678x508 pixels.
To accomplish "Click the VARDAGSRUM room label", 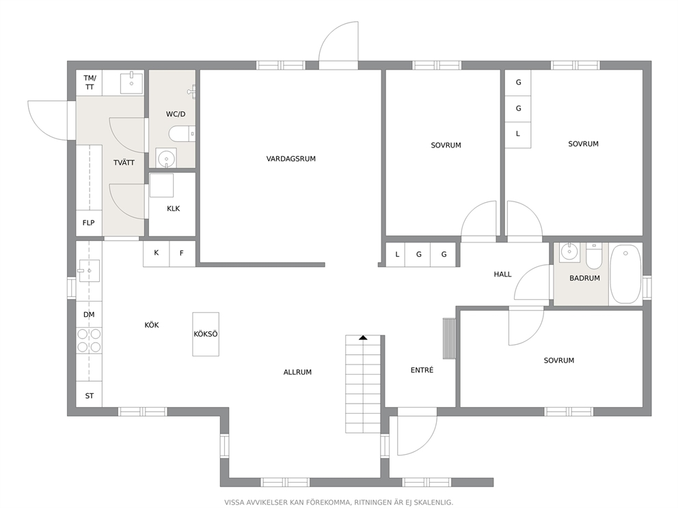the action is (290, 158).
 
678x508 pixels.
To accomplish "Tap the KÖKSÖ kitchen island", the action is (206, 334).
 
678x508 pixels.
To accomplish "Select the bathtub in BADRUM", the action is (625, 274).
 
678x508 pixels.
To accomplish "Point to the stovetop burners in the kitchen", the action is (89, 341).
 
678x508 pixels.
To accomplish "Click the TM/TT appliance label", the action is (90, 83).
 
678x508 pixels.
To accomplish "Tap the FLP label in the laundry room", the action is (89, 223).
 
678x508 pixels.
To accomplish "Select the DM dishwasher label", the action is (89, 315).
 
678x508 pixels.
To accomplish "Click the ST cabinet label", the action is (90, 396).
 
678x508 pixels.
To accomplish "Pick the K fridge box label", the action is (156, 253).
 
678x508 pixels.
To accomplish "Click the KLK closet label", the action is (174, 209).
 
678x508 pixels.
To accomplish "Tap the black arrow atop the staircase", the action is (363, 338).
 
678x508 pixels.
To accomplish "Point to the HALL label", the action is (502, 274).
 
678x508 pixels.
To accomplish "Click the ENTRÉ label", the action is (422, 370).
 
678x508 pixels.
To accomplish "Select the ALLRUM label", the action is (297, 372).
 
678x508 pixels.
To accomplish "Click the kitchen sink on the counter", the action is (89, 271).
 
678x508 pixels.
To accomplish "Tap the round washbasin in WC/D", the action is (166, 158).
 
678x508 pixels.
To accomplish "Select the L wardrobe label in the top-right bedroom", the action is (518, 134).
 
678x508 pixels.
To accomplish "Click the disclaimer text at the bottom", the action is (338, 503).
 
